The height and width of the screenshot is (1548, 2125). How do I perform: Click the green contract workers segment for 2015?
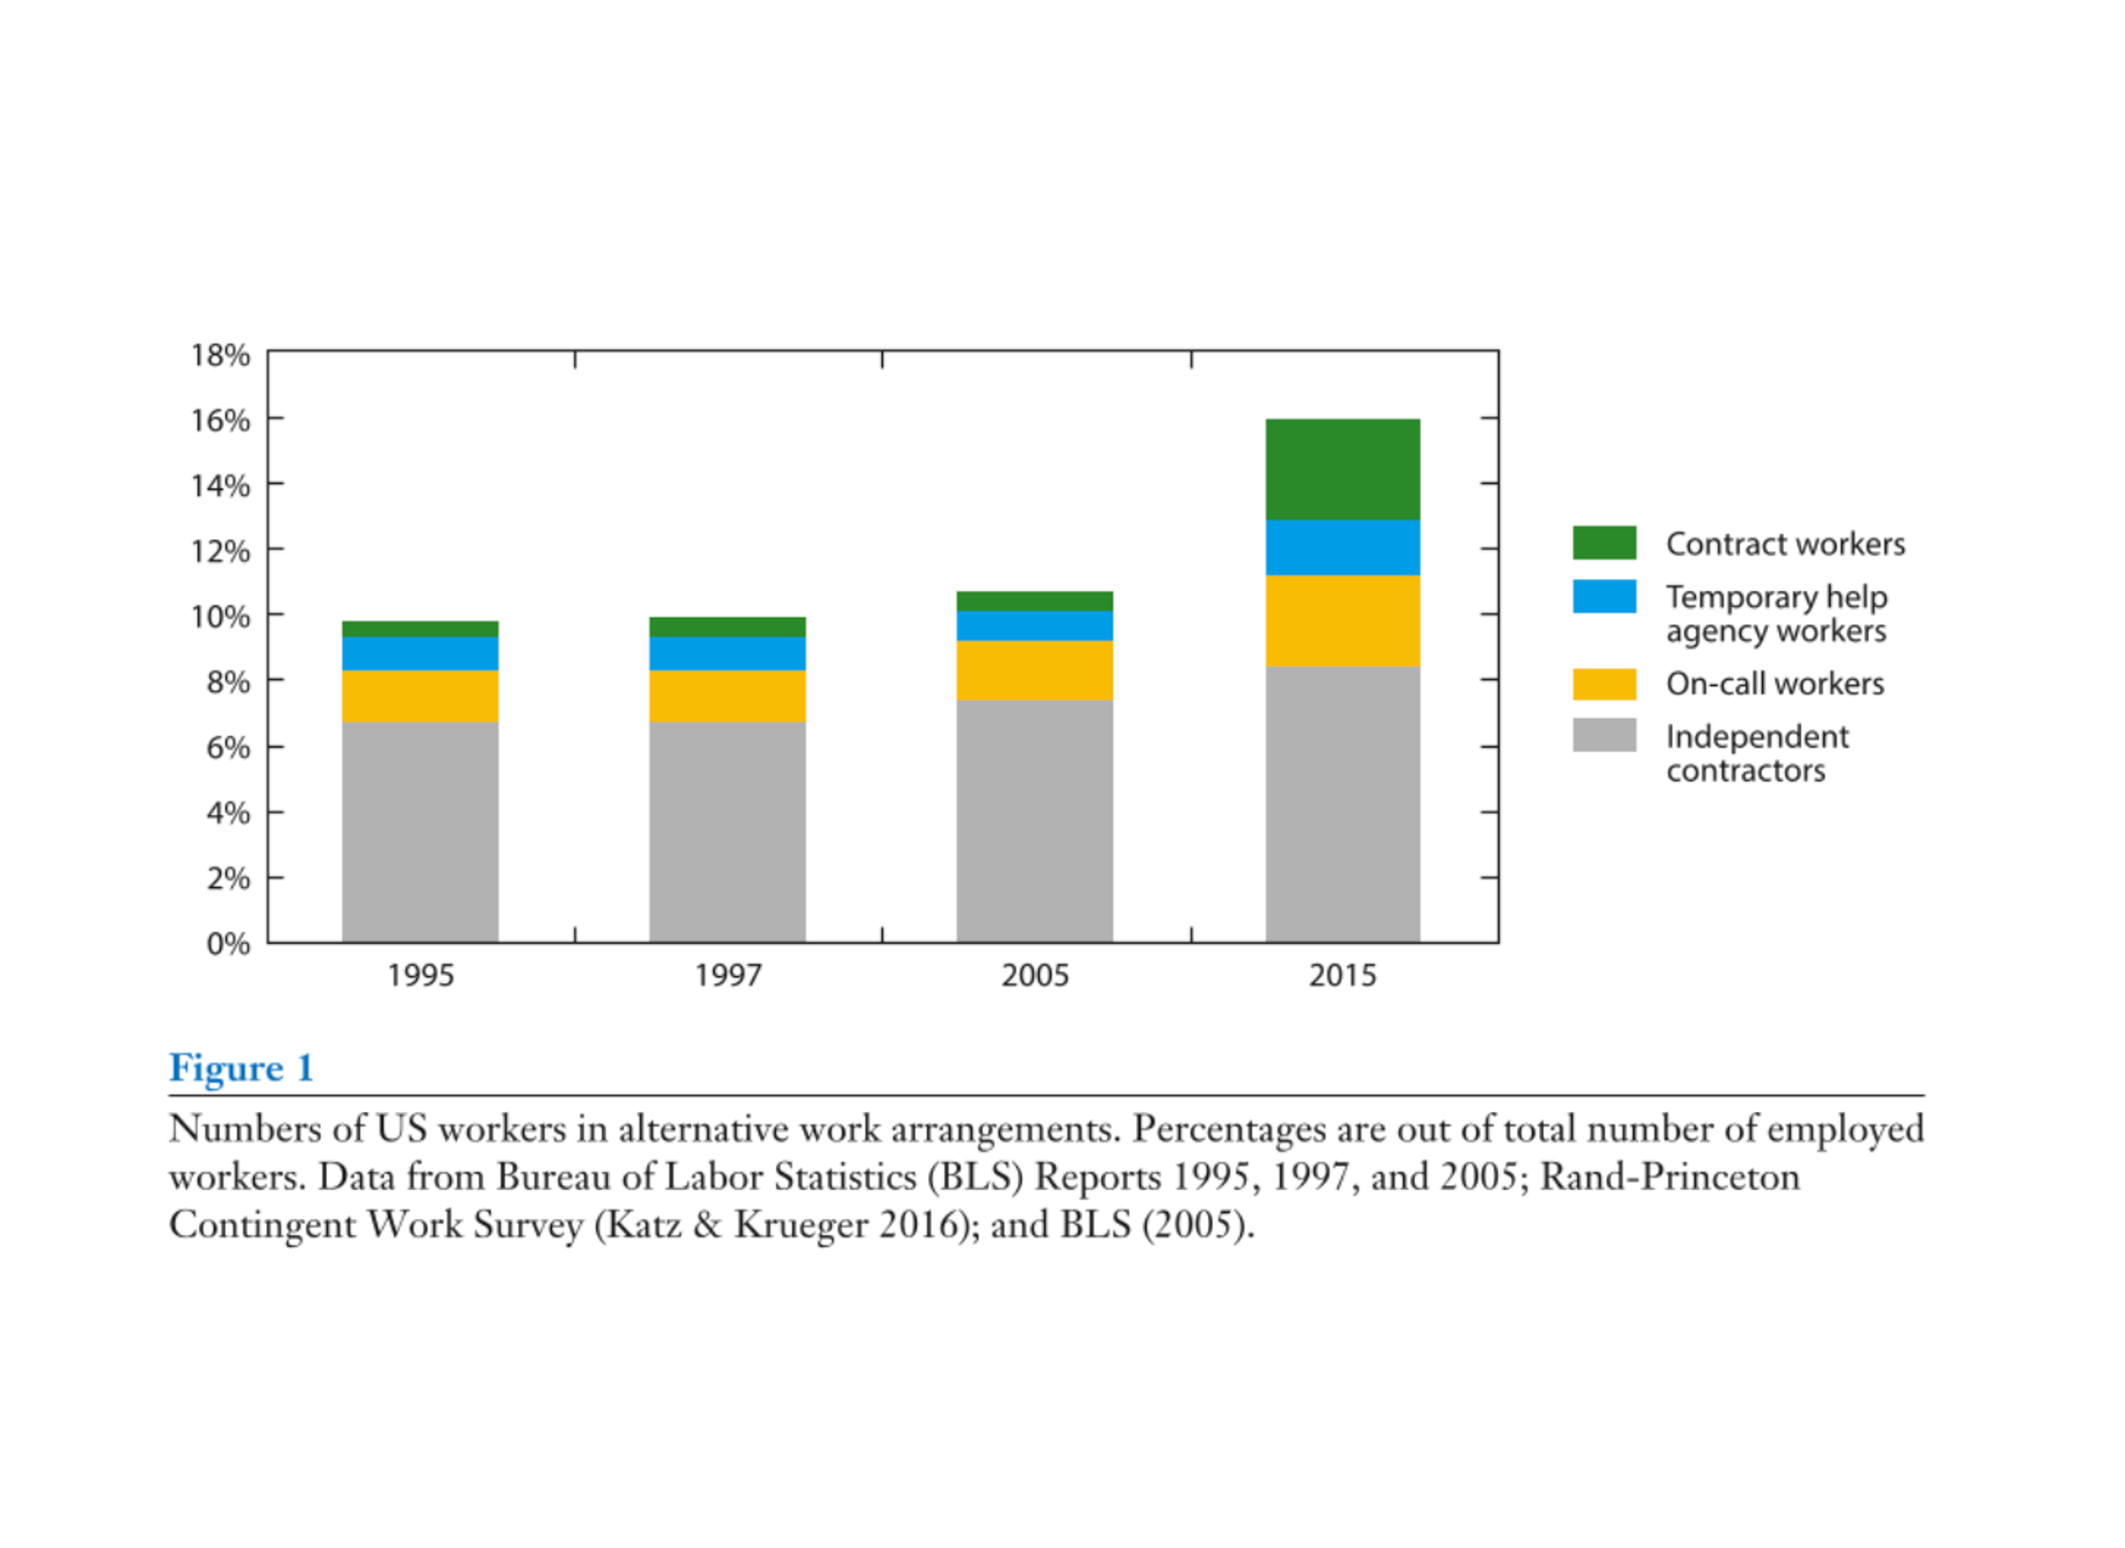[x=1342, y=470]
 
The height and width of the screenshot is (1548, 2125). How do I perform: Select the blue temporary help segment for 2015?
[x=1342, y=547]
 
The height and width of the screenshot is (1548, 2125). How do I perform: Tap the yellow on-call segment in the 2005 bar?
[x=1035, y=670]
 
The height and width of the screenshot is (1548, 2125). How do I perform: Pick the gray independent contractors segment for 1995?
[x=420, y=831]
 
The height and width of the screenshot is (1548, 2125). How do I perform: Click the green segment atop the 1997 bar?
[x=728, y=627]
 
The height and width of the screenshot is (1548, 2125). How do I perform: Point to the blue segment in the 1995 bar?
[x=420, y=653]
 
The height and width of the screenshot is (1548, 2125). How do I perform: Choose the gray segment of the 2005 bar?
[x=1035, y=821]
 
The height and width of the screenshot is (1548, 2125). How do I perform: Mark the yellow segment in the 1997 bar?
[x=728, y=695]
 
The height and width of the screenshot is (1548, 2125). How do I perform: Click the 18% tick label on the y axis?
[x=220, y=355]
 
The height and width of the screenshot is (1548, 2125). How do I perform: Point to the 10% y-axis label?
[x=220, y=616]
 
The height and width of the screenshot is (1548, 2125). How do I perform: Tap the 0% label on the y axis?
[x=228, y=943]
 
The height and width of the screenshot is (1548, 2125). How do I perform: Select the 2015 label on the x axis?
[x=1342, y=975]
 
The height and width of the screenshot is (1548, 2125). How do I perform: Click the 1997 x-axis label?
[x=728, y=975]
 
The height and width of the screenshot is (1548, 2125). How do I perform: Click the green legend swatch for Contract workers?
[x=1604, y=542]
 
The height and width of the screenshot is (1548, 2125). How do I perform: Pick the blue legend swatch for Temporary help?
[x=1604, y=596]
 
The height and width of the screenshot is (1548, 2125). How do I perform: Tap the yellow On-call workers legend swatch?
[x=1604, y=683]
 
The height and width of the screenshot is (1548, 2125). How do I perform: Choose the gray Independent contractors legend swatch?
[x=1604, y=736]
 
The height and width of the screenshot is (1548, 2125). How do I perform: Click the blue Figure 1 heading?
[x=241, y=1067]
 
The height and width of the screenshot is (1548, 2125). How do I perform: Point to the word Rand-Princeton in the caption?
[x=1669, y=1177]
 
